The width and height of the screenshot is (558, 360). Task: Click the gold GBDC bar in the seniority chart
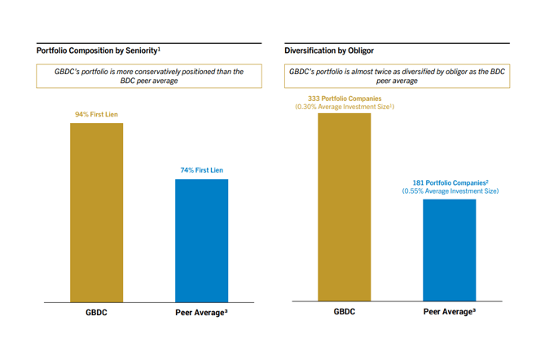coord(97,212)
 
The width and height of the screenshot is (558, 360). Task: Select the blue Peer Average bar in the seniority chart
coord(201,240)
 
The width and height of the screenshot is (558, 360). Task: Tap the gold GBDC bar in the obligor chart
coord(344,207)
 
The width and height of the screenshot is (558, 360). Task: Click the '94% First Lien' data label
coord(96,115)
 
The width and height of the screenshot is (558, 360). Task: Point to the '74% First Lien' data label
coord(201,170)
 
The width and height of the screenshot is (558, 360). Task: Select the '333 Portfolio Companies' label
coord(344,98)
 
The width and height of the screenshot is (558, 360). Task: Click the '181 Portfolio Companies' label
coord(448,182)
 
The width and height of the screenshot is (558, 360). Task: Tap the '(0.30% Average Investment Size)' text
coord(345,107)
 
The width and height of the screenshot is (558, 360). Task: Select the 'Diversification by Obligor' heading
coord(329,50)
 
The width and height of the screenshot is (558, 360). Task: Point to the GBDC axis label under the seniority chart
coord(96,312)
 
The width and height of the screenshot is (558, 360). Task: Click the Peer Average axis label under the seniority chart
coord(200,312)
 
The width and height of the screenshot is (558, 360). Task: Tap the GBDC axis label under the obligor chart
coord(344,311)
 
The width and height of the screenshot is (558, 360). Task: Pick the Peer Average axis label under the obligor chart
coord(449,311)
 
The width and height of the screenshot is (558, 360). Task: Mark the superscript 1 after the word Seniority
coord(159,48)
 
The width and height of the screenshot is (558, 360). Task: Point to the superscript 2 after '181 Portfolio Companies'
coord(487,181)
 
